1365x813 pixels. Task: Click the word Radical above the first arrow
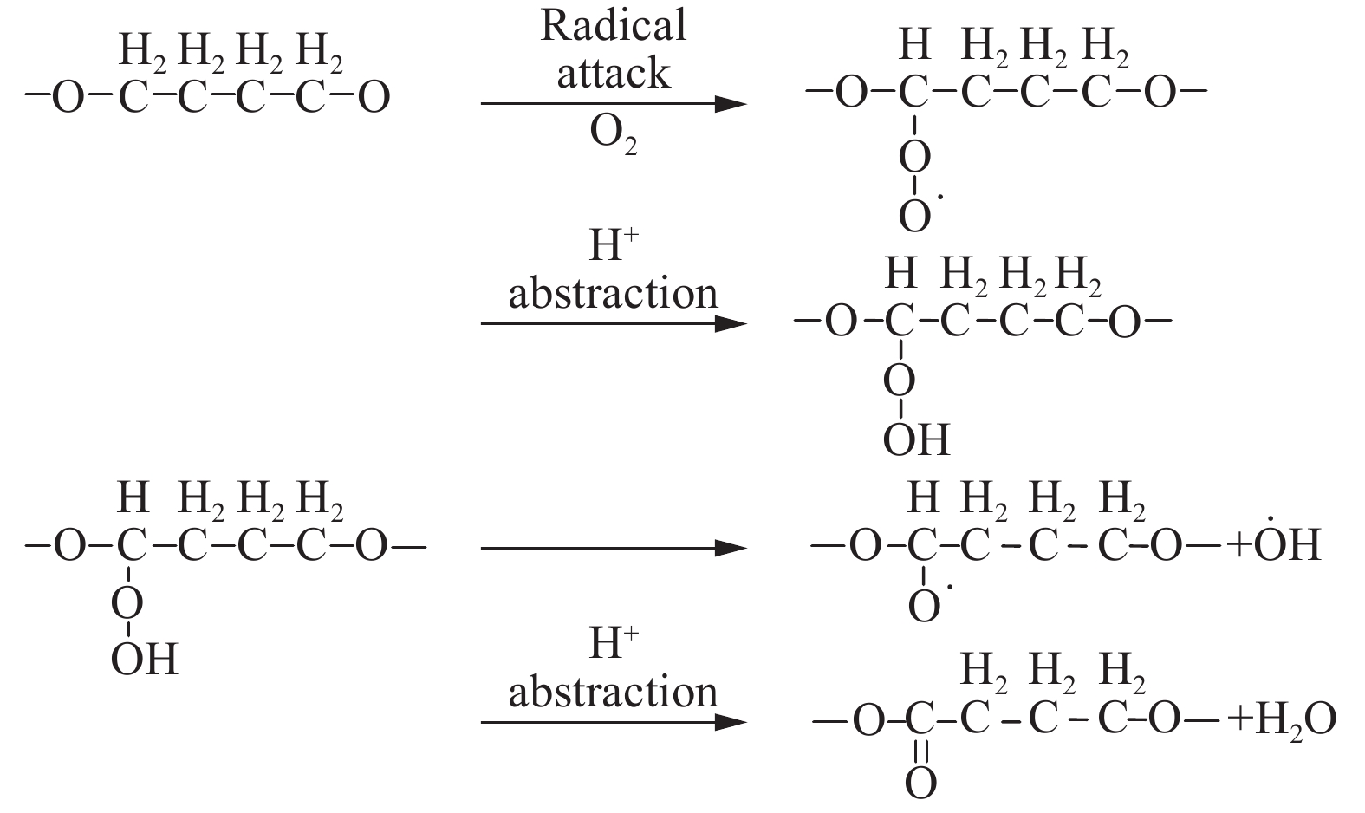point(613,26)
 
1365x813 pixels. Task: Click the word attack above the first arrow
point(613,75)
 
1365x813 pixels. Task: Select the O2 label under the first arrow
point(613,135)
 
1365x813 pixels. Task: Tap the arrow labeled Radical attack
point(613,105)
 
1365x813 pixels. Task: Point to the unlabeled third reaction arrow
point(613,548)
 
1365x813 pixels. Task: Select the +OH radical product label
point(1273,546)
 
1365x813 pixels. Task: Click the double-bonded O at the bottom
point(920,784)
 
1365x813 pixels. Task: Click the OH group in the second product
point(916,439)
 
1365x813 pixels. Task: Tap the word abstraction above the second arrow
point(613,295)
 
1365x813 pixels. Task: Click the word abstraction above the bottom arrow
point(613,693)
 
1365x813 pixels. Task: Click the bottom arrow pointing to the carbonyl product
point(613,722)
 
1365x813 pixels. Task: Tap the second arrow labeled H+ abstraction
point(613,324)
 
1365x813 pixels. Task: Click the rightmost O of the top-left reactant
point(374,98)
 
